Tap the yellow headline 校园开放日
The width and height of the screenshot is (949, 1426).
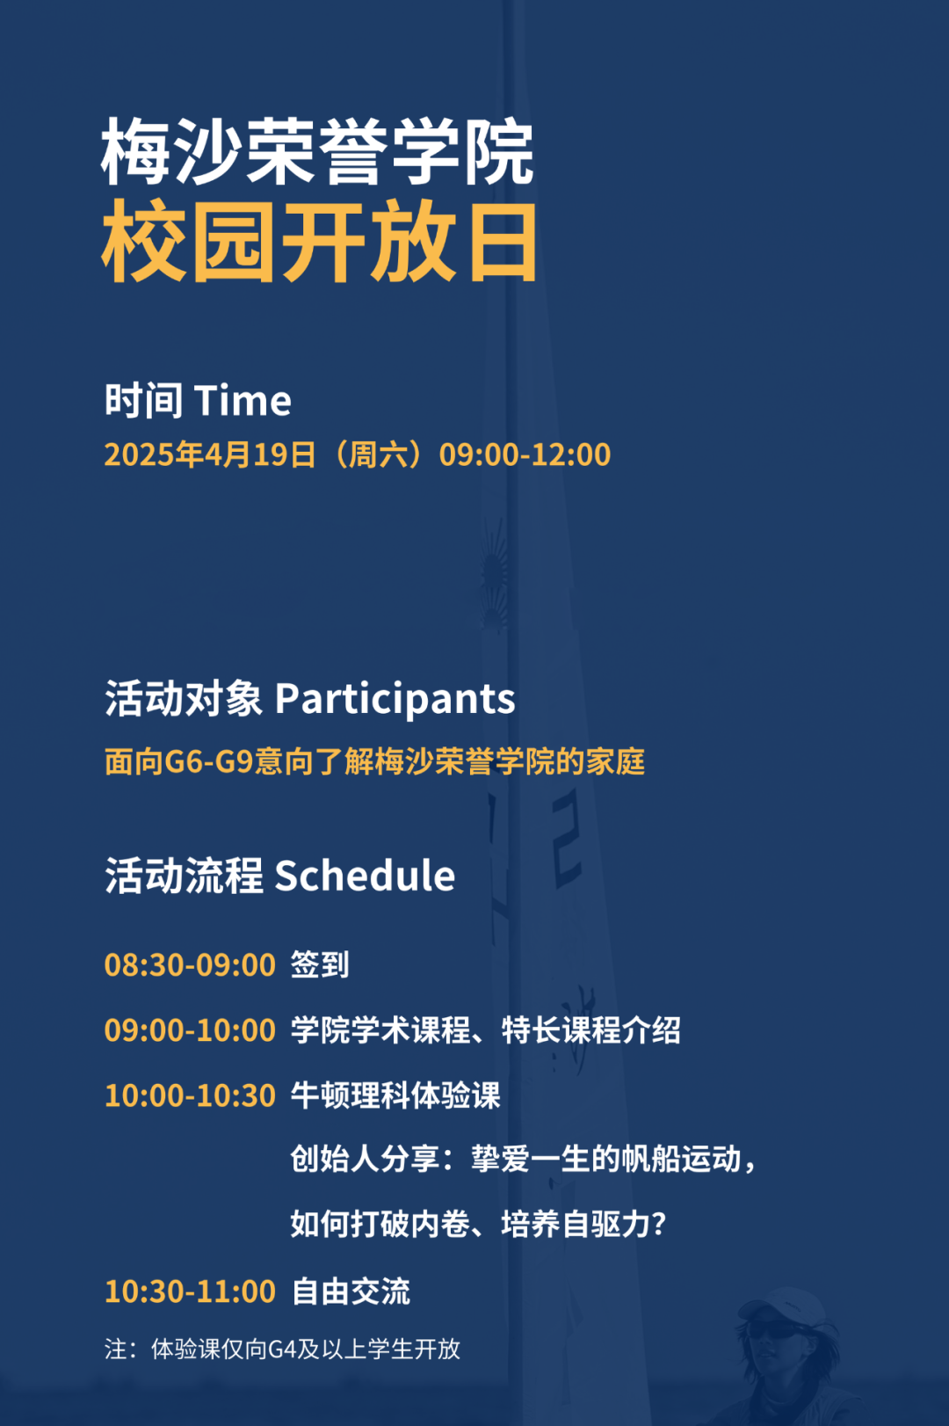pos(319,242)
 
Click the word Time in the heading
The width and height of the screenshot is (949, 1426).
pos(243,401)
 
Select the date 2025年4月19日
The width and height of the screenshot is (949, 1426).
pos(210,455)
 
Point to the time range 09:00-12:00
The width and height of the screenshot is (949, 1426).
pos(525,455)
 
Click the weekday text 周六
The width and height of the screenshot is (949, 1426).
pos(378,455)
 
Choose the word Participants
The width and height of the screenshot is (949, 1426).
pos(395,700)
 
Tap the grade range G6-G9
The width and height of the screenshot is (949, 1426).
pos(209,761)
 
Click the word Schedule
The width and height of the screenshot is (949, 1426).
pos(365,876)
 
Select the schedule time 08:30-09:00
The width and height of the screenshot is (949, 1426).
pos(190,965)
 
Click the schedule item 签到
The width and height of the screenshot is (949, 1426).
pos(320,964)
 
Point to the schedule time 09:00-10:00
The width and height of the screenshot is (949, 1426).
pos(190,1030)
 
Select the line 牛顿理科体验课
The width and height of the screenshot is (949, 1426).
pos(396,1095)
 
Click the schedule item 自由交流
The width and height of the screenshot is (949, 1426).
pos(351,1291)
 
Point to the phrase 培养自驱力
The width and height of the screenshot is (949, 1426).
pos(576,1224)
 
